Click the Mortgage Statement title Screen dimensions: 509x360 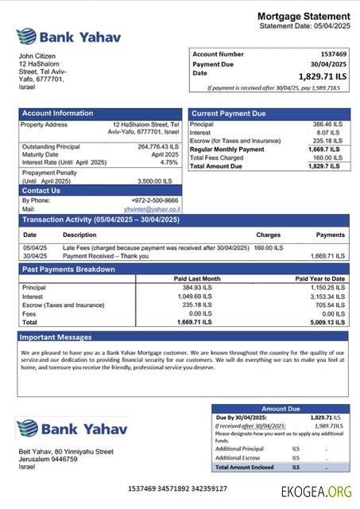click(303, 16)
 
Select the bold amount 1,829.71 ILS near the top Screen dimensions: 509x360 click(322, 76)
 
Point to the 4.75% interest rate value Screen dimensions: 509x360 click(168, 162)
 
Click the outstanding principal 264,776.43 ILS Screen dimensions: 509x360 click(158, 146)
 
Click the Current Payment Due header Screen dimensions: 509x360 click(229, 114)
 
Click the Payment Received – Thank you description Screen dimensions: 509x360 click(104, 256)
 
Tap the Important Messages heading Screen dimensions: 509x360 click(56, 337)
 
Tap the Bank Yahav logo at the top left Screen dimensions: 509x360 click(56, 36)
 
